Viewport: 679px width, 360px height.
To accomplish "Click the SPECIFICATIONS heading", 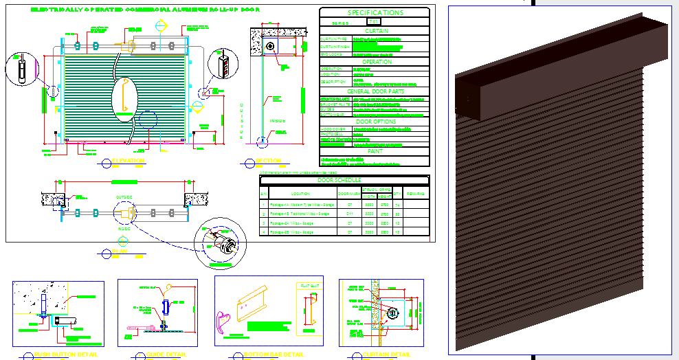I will (x=375, y=12).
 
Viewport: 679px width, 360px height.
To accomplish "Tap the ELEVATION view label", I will (x=129, y=161).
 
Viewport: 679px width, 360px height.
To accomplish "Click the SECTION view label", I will (x=268, y=161).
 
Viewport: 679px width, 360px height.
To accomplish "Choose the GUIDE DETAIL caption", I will (x=166, y=355).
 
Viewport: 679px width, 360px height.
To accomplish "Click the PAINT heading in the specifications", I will (x=375, y=151).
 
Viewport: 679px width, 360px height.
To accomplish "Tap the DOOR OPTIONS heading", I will (x=375, y=122).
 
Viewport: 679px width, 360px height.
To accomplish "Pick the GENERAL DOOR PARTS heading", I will (x=375, y=91).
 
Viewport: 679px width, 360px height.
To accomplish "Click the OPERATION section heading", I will (x=375, y=62).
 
